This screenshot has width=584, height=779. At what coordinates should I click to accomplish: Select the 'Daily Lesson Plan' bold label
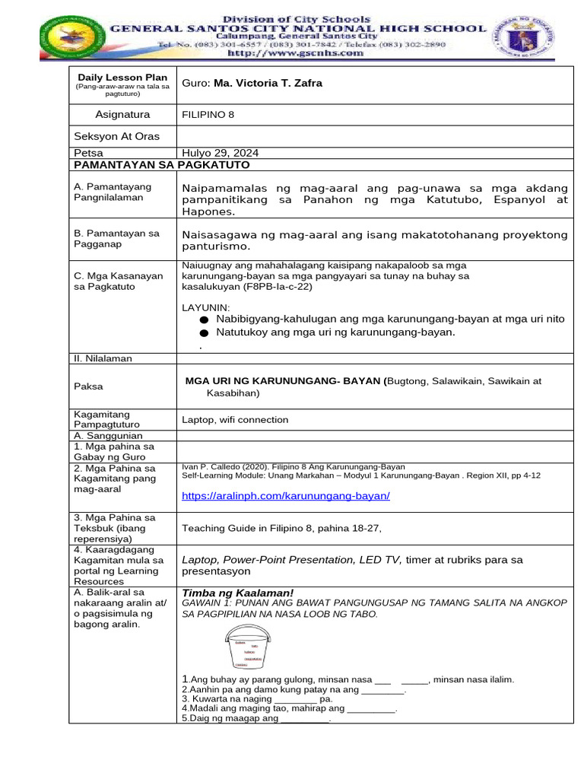click(x=122, y=78)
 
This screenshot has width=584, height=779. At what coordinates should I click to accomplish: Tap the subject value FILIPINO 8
click(x=208, y=115)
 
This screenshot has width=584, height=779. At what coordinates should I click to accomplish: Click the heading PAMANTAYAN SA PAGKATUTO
click(x=161, y=165)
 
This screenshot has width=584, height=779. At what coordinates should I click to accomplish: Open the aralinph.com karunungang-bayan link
click(x=286, y=496)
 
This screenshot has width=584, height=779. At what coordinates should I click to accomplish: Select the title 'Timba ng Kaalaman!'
click(x=237, y=593)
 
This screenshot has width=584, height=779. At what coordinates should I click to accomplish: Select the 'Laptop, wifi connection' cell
click(x=235, y=419)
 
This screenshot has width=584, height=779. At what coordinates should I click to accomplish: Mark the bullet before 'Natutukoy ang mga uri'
click(x=203, y=333)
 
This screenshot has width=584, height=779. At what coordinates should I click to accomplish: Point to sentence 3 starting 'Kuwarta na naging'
click(x=257, y=698)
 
